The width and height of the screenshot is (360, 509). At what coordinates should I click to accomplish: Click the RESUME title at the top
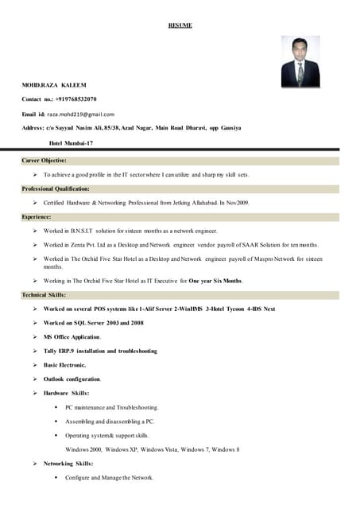(x=180, y=25)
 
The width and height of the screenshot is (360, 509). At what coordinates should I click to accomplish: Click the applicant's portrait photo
(x=300, y=61)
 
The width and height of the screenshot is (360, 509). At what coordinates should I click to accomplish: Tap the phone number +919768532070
(x=75, y=99)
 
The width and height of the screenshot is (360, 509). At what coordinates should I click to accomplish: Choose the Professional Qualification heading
(x=56, y=188)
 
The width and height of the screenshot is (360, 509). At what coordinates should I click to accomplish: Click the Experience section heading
(x=37, y=216)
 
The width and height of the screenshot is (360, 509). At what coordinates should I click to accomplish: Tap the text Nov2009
(x=238, y=203)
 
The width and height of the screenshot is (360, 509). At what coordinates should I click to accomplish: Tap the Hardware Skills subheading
(x=67, y=393)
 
